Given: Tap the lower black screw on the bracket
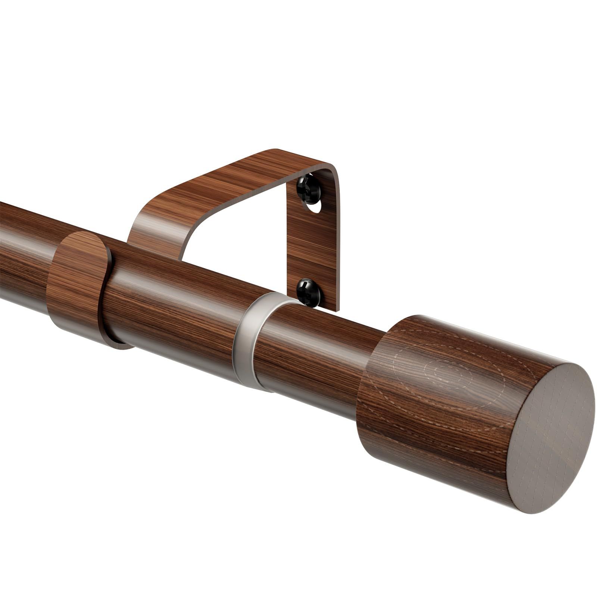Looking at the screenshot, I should pyautogui.click(x=309, y=292).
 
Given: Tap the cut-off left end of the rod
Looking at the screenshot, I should pyautogui.click(x=2, y=250).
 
